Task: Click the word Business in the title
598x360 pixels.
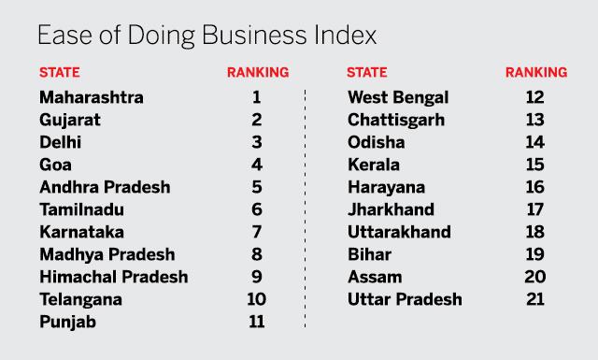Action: [254, 36]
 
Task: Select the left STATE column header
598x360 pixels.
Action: [60, 72]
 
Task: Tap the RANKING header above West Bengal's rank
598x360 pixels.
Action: [536, 72]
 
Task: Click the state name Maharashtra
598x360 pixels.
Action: [92, 97]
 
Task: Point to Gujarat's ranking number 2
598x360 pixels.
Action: [257, 120]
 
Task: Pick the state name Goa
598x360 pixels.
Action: [55, 165]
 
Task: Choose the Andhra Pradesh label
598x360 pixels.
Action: [105, 187]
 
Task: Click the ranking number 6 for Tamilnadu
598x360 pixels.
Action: [257, 209]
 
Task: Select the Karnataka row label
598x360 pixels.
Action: [81, 232]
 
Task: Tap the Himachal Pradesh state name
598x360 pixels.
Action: [114, 277]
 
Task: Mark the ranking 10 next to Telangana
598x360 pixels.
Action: [257, 299]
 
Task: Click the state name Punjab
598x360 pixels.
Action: [68, 323]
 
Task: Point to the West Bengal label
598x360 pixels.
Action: [398, 98]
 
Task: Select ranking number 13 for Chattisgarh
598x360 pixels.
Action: [534, 120]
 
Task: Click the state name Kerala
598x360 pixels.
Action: [374, 165]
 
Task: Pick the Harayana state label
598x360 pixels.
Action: [386, 188]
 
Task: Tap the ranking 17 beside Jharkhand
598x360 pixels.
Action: [534, 209]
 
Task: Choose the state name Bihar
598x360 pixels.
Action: [370, 254]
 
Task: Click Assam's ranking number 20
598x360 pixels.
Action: [535, 277]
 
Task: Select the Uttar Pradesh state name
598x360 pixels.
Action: [405, 299]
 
